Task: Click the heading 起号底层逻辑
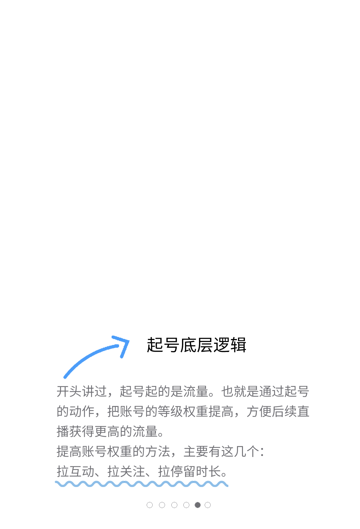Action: [x=196, y=345]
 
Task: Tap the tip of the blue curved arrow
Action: [x=129, y=341]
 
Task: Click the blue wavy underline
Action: [x=142, y=484]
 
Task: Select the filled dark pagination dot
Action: [x=197, y=505]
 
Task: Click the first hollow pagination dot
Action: [x=150, y=505]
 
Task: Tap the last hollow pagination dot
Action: [x=208, y=505]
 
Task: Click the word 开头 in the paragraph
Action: [x=69, y=391]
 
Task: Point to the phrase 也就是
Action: [x=240, y=391]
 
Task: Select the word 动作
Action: [x=82, y=411]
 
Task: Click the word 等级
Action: [x=170, y=411]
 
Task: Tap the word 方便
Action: [x=259, y=411]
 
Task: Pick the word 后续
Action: [x=284, y=411]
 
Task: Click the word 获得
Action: [x=82, y=431]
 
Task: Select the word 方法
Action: [x=158, y=452]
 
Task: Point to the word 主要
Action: [x=196, y=452]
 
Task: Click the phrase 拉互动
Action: [x=76, y=471]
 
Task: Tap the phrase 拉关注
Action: [x=126, y=471]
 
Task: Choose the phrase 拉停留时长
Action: [x=189, y=471]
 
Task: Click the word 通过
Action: [x=272, y=391]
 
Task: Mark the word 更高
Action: [x=107, y=431]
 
